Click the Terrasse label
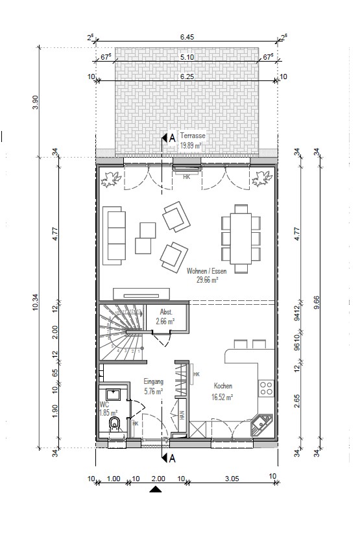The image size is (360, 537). click(193, 136)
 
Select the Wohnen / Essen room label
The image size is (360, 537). click(202, 270)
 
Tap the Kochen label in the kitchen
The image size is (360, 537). click(223, 386)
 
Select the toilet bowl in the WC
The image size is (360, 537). click(115, 425)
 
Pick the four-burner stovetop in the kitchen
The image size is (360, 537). click(266, 388)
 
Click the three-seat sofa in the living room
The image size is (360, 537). click(114, 235)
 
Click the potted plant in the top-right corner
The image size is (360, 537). click(263, 176)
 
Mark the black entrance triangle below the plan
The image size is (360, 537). click(155, 490)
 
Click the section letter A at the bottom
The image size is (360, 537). click(172, 459)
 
